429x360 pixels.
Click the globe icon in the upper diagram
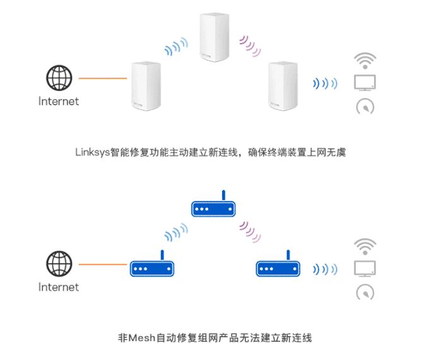click(x=59, y=78)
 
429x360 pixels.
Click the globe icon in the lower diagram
click(x=59, y=263)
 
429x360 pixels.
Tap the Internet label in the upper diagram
click(x=59, y=102)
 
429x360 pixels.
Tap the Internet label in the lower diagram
click(x=59, y=287)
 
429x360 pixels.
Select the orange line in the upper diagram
click(x=103, y=78)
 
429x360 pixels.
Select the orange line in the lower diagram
click(x=103, y=265)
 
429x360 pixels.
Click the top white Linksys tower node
click(x=214, y=37)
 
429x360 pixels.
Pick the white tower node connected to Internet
click(x=146, y=86)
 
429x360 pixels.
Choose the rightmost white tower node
click(x=283, y=86)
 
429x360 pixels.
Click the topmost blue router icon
click(x=213, y=203)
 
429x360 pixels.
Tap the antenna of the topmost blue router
click(x=224, y=195)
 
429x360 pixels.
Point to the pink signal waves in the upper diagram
click(x=250, y=45)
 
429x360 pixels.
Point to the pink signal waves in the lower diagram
click(x=250, y=232)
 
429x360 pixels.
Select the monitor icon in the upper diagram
click(x=365, y=83)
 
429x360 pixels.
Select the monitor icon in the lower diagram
click(x=365, y=268)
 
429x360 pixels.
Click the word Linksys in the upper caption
click(x=93, y=152)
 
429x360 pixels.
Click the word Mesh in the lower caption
click(x=142, y=338)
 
